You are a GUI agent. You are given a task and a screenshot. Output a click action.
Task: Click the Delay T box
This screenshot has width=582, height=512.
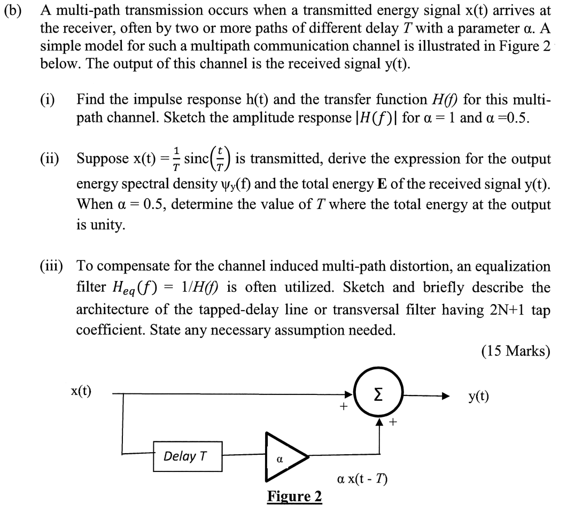[187, 456]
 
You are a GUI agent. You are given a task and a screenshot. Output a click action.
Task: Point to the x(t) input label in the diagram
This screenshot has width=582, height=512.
[81, 391]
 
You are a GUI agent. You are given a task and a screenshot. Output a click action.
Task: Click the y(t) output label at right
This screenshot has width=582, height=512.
[478, 397]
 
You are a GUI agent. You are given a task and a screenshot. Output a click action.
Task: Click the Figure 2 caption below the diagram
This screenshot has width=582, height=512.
[295, 497]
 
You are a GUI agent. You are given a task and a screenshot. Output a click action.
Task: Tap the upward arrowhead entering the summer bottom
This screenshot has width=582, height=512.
[381, 422]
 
